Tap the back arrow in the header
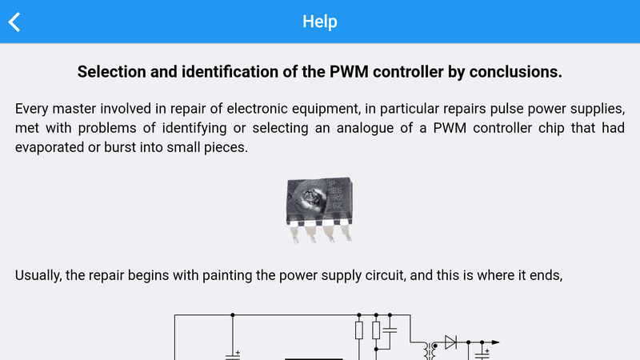point(14,22)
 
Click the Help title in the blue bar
point(319,22)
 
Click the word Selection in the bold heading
point(112,72)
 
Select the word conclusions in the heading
point(515,72)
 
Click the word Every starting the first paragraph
point(32,109)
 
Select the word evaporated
point(50,147)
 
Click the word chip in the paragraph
point(551,128)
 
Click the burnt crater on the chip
point(311,198)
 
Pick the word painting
point(227,275)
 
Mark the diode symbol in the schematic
point(450,342)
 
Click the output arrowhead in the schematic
point(495,342)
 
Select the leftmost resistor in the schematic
point(359,330)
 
